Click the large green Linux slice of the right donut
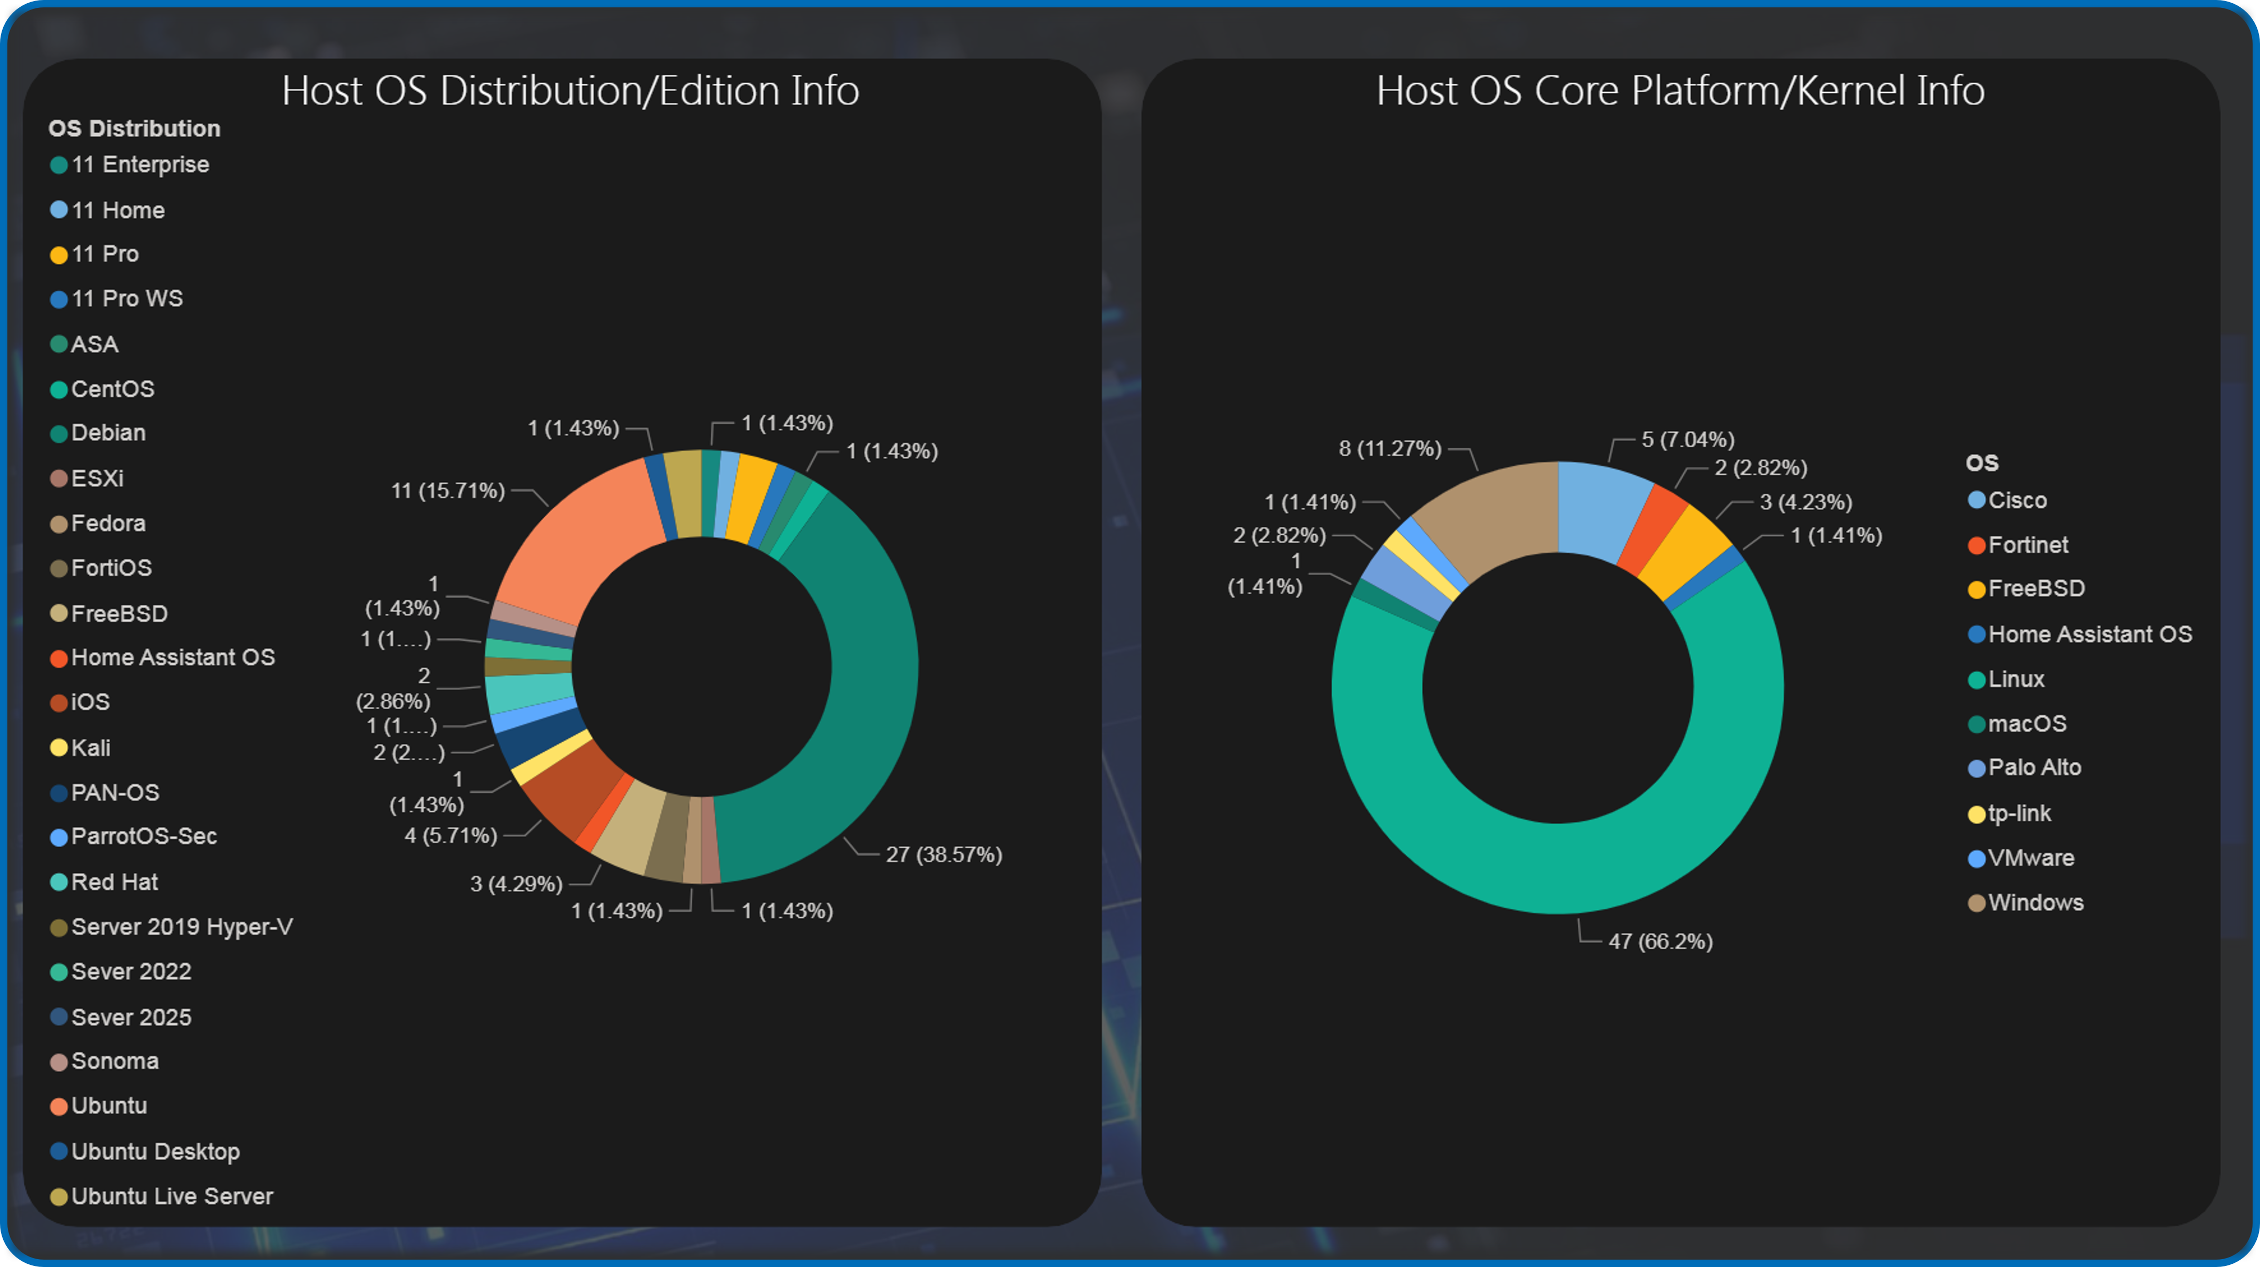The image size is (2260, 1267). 1557,869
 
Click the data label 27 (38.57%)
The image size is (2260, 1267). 943,855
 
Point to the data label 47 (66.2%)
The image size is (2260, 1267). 1660,941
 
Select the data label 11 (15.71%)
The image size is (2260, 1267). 447,490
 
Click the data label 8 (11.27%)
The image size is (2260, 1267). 1390,448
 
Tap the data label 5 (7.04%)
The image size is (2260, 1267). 1688,439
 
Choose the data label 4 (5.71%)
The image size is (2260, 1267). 450,836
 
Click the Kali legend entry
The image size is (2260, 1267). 91,748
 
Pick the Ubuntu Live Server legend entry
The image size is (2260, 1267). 172,1196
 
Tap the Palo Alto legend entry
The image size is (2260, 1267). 2033,768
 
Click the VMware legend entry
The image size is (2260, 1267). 2030,858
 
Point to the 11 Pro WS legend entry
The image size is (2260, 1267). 127,298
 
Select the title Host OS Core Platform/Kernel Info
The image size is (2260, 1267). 1679,91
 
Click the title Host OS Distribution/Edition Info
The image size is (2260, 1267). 570,91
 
